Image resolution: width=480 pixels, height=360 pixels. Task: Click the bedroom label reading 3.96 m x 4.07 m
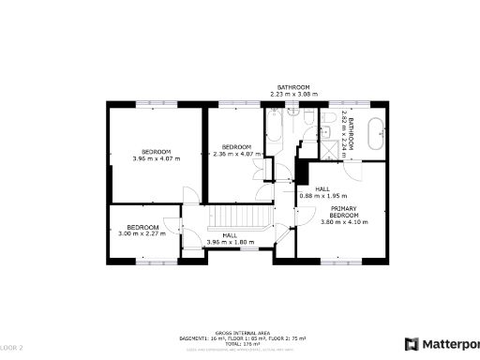click(157, 157)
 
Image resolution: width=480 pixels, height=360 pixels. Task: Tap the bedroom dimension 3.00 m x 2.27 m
click(142, 233)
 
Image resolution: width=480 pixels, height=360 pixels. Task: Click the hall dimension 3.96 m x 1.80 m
click(230, 242)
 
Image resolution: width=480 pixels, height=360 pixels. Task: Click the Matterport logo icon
click(411, 344)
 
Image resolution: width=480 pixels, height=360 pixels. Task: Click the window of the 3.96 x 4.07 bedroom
click(150, 104)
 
